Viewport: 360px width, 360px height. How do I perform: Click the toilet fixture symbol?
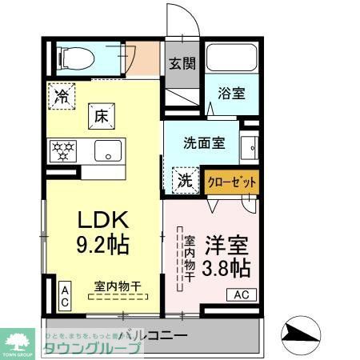(74, 56)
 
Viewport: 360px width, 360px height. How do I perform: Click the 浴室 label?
(232, 94)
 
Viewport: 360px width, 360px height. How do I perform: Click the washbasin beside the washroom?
(250, 148)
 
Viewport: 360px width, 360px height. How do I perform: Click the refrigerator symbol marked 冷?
(62, 96)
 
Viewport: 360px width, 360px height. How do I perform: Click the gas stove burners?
(63, 150)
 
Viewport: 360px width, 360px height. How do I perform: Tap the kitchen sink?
(107, 150)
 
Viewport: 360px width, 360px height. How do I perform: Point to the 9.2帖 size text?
(103, 242)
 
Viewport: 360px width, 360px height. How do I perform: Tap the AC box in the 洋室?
(241, 295)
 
